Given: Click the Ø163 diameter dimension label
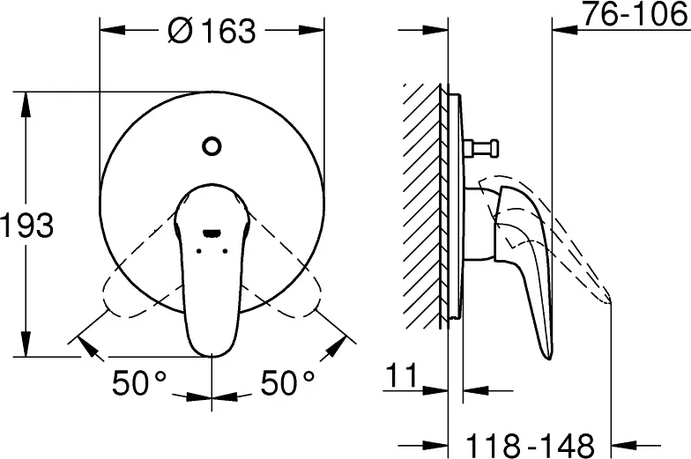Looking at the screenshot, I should (x=212, y=31).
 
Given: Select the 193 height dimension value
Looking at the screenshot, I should (x=27, y=226).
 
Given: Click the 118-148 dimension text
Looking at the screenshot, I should (x=529, y=440).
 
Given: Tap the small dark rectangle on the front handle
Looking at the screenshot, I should (x=212, y=233).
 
